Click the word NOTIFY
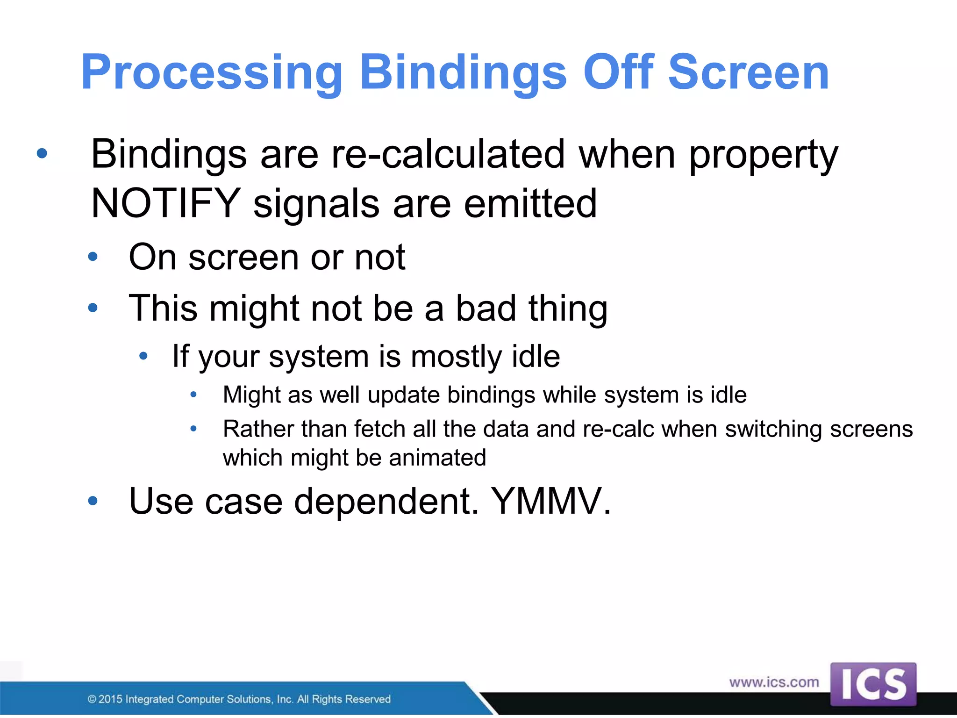click(166, 203)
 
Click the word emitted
click(530, 203)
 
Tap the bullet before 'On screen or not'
click(93, 257)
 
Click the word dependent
click(386, 501)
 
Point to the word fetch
click(379, 429)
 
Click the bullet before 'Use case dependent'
click(93, 501)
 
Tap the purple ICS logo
click(873, 684)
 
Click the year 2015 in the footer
click(110, 699)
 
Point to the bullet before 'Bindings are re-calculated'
click(42, 153)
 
